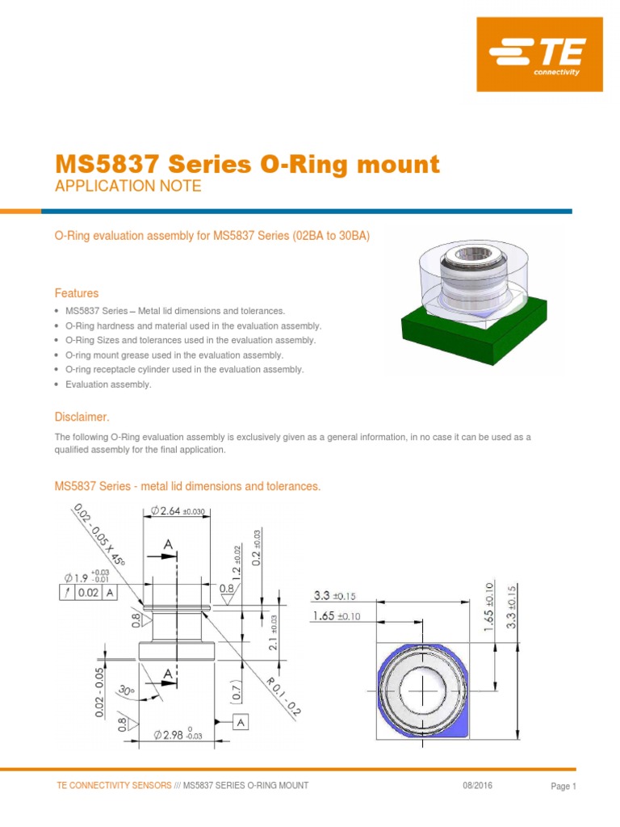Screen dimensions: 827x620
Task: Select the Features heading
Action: click(x=77, y=293)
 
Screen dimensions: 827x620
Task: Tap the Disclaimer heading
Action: click(x=81, y=417)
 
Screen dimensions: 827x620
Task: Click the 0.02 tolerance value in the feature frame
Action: click(x=88, y=592)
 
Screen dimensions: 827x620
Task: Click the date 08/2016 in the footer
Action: click(x=478, y=786)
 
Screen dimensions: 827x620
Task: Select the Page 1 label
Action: click(x=563, y=787)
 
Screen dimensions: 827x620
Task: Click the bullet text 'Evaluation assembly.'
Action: click(x=108, y=384)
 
